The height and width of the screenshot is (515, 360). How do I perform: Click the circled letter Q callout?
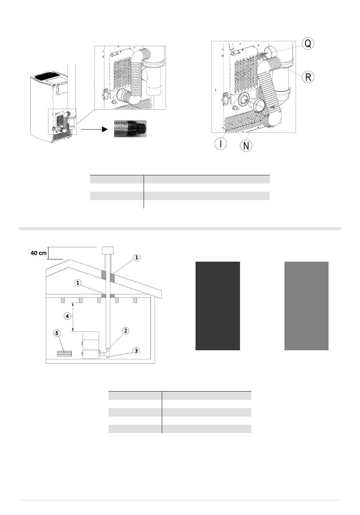[x=308, y=43]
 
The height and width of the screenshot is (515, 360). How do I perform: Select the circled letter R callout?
[x=308, y=77]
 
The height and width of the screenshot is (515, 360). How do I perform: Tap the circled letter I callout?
[x=221, y=144]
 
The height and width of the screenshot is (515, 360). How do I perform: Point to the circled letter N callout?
[x=246, y=145]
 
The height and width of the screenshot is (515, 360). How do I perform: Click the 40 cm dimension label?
[x=39, y=253]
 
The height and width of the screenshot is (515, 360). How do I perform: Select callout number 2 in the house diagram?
[x=125, y=331]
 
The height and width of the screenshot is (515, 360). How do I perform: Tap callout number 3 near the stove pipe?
[x=136, y=351]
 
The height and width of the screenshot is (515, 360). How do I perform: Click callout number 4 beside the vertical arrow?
[x=67, y=316]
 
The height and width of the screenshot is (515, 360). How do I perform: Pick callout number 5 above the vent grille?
[x=57, y=333]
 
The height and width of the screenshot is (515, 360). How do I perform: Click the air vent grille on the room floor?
[x=64, y=354]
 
